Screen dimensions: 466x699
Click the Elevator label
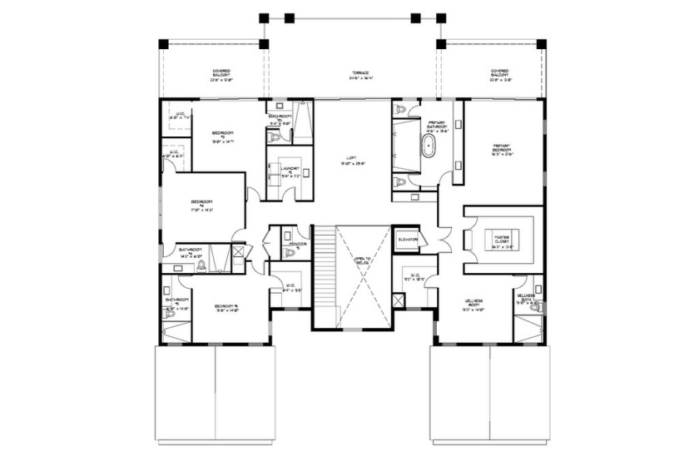pos(408,240)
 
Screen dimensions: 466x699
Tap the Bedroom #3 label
pos(222,136)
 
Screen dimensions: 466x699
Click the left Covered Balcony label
pos(221,75)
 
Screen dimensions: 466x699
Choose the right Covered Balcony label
pos(499,75)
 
